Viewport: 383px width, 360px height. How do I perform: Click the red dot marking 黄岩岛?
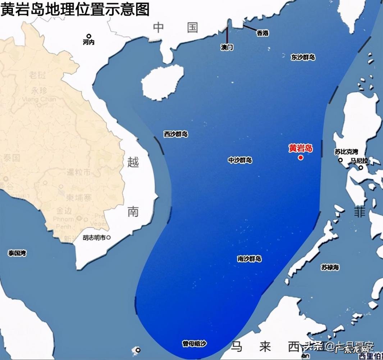tap(301, 157)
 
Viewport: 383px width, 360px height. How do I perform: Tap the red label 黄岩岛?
tap(301, 148)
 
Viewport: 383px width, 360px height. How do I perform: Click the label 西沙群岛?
tap(176, 134)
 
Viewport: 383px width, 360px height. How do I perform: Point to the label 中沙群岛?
tap(240, 160)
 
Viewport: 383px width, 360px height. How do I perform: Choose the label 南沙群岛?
tap(249, 259)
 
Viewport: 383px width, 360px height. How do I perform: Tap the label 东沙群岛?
tap(303, 57)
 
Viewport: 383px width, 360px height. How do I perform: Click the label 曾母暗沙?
tap(194, 344)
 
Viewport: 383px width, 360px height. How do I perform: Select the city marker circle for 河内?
tap(89, 36)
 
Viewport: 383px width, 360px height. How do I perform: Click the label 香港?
tap(263, 33)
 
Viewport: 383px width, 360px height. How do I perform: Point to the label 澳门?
tap(227, 48)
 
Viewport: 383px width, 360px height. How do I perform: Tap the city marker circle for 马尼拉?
tap(361, 167)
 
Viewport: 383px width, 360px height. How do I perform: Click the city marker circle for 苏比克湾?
tap(340, 160)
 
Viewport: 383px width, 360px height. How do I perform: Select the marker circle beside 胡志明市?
tap(109, 238)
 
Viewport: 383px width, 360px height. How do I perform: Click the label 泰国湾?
tap(17, 253)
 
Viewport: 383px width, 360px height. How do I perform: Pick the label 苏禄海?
tap(330, 267)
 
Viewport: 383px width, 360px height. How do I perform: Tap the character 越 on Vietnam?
tap(133, 162)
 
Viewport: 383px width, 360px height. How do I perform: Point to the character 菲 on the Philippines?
tap(359, 212)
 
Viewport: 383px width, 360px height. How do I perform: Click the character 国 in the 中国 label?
tap(192, 27)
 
